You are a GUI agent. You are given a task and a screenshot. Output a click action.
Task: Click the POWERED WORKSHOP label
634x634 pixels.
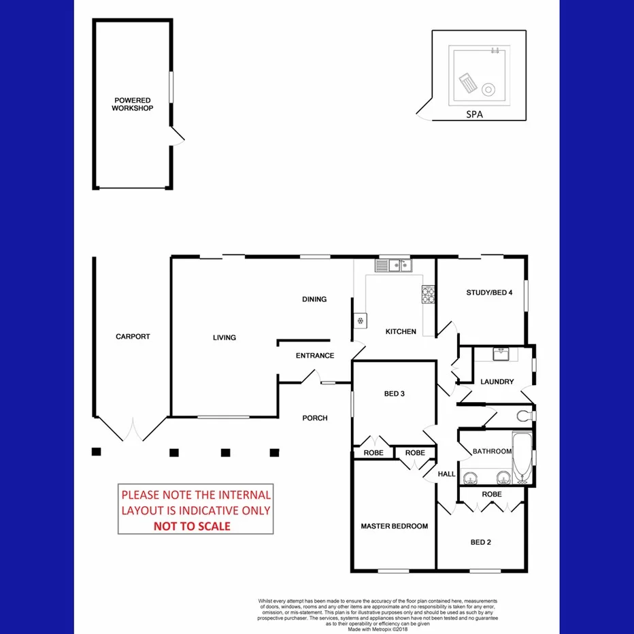(132, 104)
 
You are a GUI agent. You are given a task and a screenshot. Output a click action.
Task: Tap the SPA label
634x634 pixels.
(475, 115)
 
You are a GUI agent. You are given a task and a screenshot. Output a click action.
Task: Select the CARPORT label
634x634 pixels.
(133, 337)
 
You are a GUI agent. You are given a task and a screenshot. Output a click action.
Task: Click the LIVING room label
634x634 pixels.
(224, 337)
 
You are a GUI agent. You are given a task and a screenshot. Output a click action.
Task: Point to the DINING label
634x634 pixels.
(314, 299)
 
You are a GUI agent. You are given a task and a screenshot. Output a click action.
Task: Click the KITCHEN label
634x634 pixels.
(401, 332)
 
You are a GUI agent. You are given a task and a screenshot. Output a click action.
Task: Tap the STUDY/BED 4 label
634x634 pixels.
(489, 293)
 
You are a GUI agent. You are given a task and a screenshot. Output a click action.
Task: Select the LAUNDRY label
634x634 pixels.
(497, 382)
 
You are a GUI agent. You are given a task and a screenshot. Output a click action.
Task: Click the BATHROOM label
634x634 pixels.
(492, 452)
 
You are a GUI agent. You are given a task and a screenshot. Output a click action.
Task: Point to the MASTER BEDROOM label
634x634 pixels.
(395, 526)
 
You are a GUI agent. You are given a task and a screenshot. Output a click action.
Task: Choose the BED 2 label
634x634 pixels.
(480, 542)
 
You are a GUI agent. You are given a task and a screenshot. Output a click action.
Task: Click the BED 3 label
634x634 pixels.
(395, 394)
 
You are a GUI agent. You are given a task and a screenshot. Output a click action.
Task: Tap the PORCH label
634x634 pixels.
(315, 418)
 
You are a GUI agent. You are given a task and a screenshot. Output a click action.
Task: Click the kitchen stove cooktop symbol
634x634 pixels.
(429, 295)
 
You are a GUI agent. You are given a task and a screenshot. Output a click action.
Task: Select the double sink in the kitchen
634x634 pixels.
(395, 266)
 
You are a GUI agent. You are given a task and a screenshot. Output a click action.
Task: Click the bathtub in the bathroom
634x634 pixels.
(521, 457)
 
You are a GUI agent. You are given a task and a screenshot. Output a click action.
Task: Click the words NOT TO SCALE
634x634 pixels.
(191, 526)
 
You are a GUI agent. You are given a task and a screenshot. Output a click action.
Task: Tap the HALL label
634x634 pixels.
(446, 474)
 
